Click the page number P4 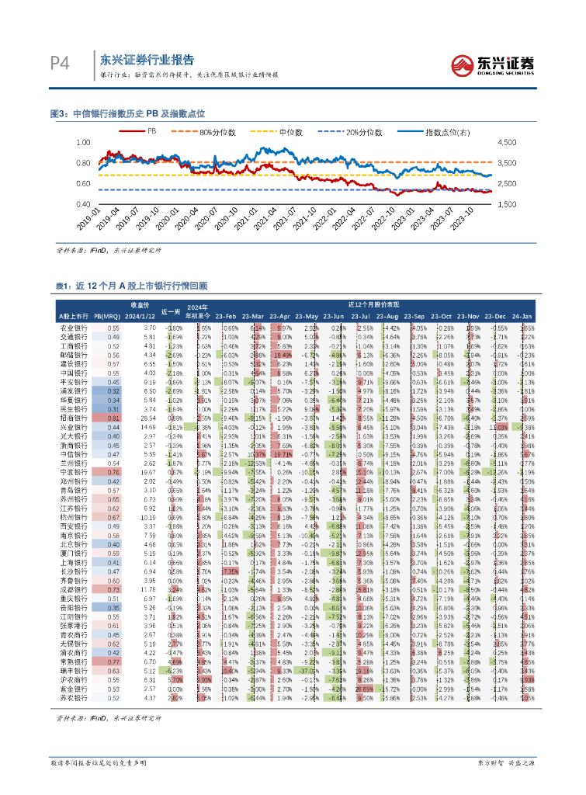(60, 63)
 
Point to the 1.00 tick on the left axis (83, 143)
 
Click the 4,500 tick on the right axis (505, 143)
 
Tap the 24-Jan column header (522, 315)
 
